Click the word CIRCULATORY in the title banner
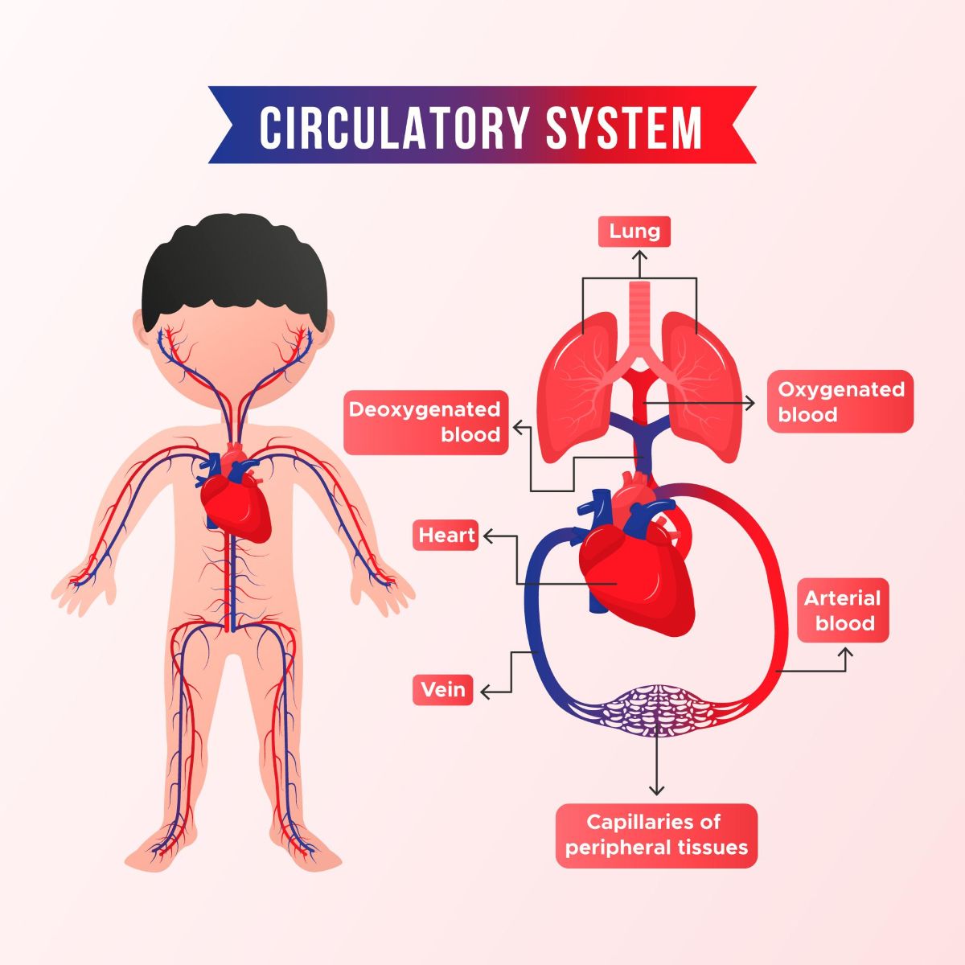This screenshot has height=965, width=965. [x=394, y=126]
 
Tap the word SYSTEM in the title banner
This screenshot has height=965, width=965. [x=624, y=126]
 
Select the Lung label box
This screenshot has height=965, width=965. [x=634, y=232]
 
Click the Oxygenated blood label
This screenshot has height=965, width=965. [x=840, y=401]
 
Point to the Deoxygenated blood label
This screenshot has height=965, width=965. [x=425, y=422]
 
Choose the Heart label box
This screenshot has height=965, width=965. [x=446, y=536]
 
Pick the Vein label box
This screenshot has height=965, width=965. [x=443, y=690]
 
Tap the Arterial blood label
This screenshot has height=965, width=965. [x=843, y=610]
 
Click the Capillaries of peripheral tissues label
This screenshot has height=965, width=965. [x=656, y=835]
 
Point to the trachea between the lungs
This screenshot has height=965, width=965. [x=639, y=314]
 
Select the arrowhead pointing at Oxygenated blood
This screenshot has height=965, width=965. [x=751, y=403]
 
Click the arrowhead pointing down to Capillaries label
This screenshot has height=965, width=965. [x=658, y=790]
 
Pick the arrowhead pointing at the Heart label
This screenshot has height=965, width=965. [x=487, y=536]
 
